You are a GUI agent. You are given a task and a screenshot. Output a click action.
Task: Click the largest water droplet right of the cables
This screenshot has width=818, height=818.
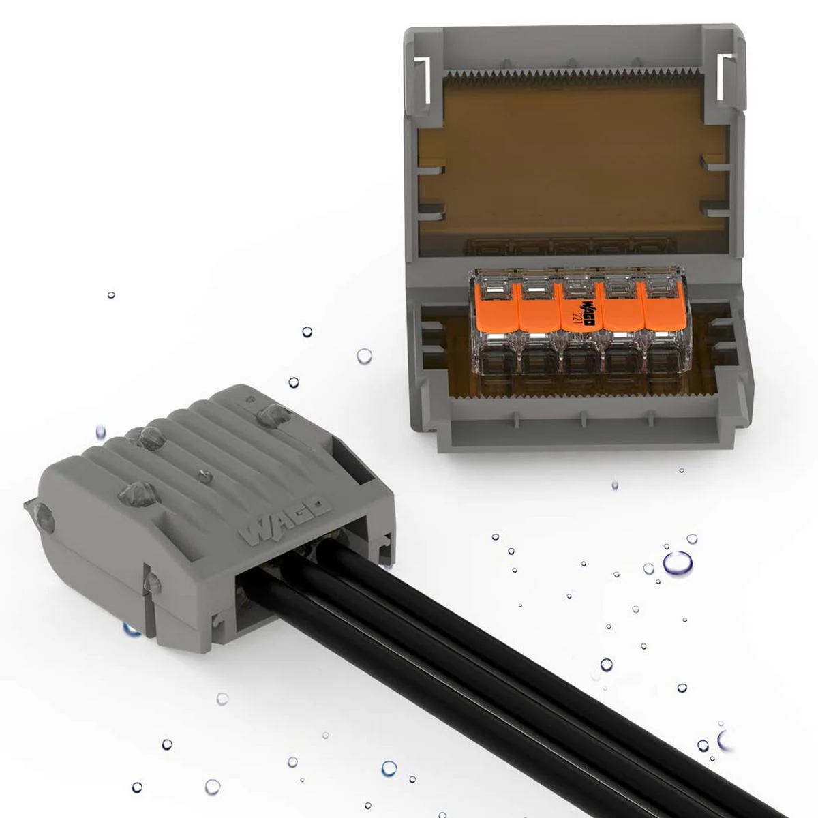(676, 564)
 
